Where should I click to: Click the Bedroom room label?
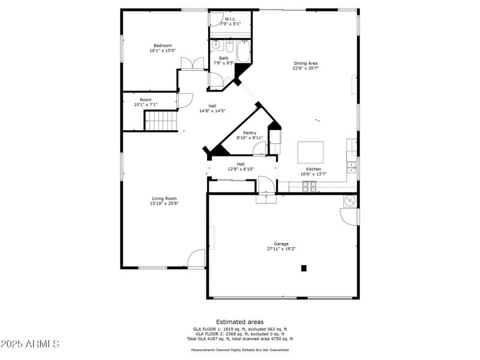163,46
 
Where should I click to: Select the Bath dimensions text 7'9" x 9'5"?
223,63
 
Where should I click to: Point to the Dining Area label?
305,63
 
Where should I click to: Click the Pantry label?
250,133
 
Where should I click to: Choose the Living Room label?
164,198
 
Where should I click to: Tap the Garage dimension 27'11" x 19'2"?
281,248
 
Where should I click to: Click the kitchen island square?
311,152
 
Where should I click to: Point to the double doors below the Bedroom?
193,64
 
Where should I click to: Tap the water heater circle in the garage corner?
349,201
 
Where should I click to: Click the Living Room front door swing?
197,259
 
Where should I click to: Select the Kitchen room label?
313,169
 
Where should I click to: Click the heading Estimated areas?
240,322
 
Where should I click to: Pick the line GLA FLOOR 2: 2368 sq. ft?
239,334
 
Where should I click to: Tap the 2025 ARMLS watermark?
30,344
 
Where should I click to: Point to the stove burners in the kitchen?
310,187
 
